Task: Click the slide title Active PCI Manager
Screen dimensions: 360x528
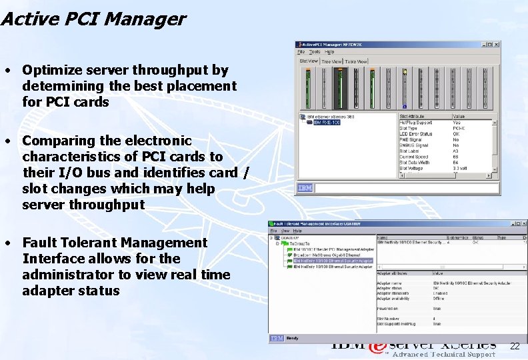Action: [93, 19]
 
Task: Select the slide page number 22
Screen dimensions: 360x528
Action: [514, 346]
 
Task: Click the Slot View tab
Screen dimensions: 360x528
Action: [309, 61]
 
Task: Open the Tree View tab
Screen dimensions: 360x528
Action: [331, 61]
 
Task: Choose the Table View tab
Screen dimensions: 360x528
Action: [356, 61]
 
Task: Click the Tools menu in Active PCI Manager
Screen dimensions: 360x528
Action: [314, 52]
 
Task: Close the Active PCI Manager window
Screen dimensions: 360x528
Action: [495, 45]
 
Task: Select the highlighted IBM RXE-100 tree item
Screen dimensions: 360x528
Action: [327, 123]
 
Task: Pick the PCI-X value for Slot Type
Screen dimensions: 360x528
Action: [458, 128]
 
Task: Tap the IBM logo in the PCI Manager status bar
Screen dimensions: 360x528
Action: [305, 188]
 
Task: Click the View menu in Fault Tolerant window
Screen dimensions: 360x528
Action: [283, 231]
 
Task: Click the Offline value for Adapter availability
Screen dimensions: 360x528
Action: [440, 298]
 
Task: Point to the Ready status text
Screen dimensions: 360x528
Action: [291, 338]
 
